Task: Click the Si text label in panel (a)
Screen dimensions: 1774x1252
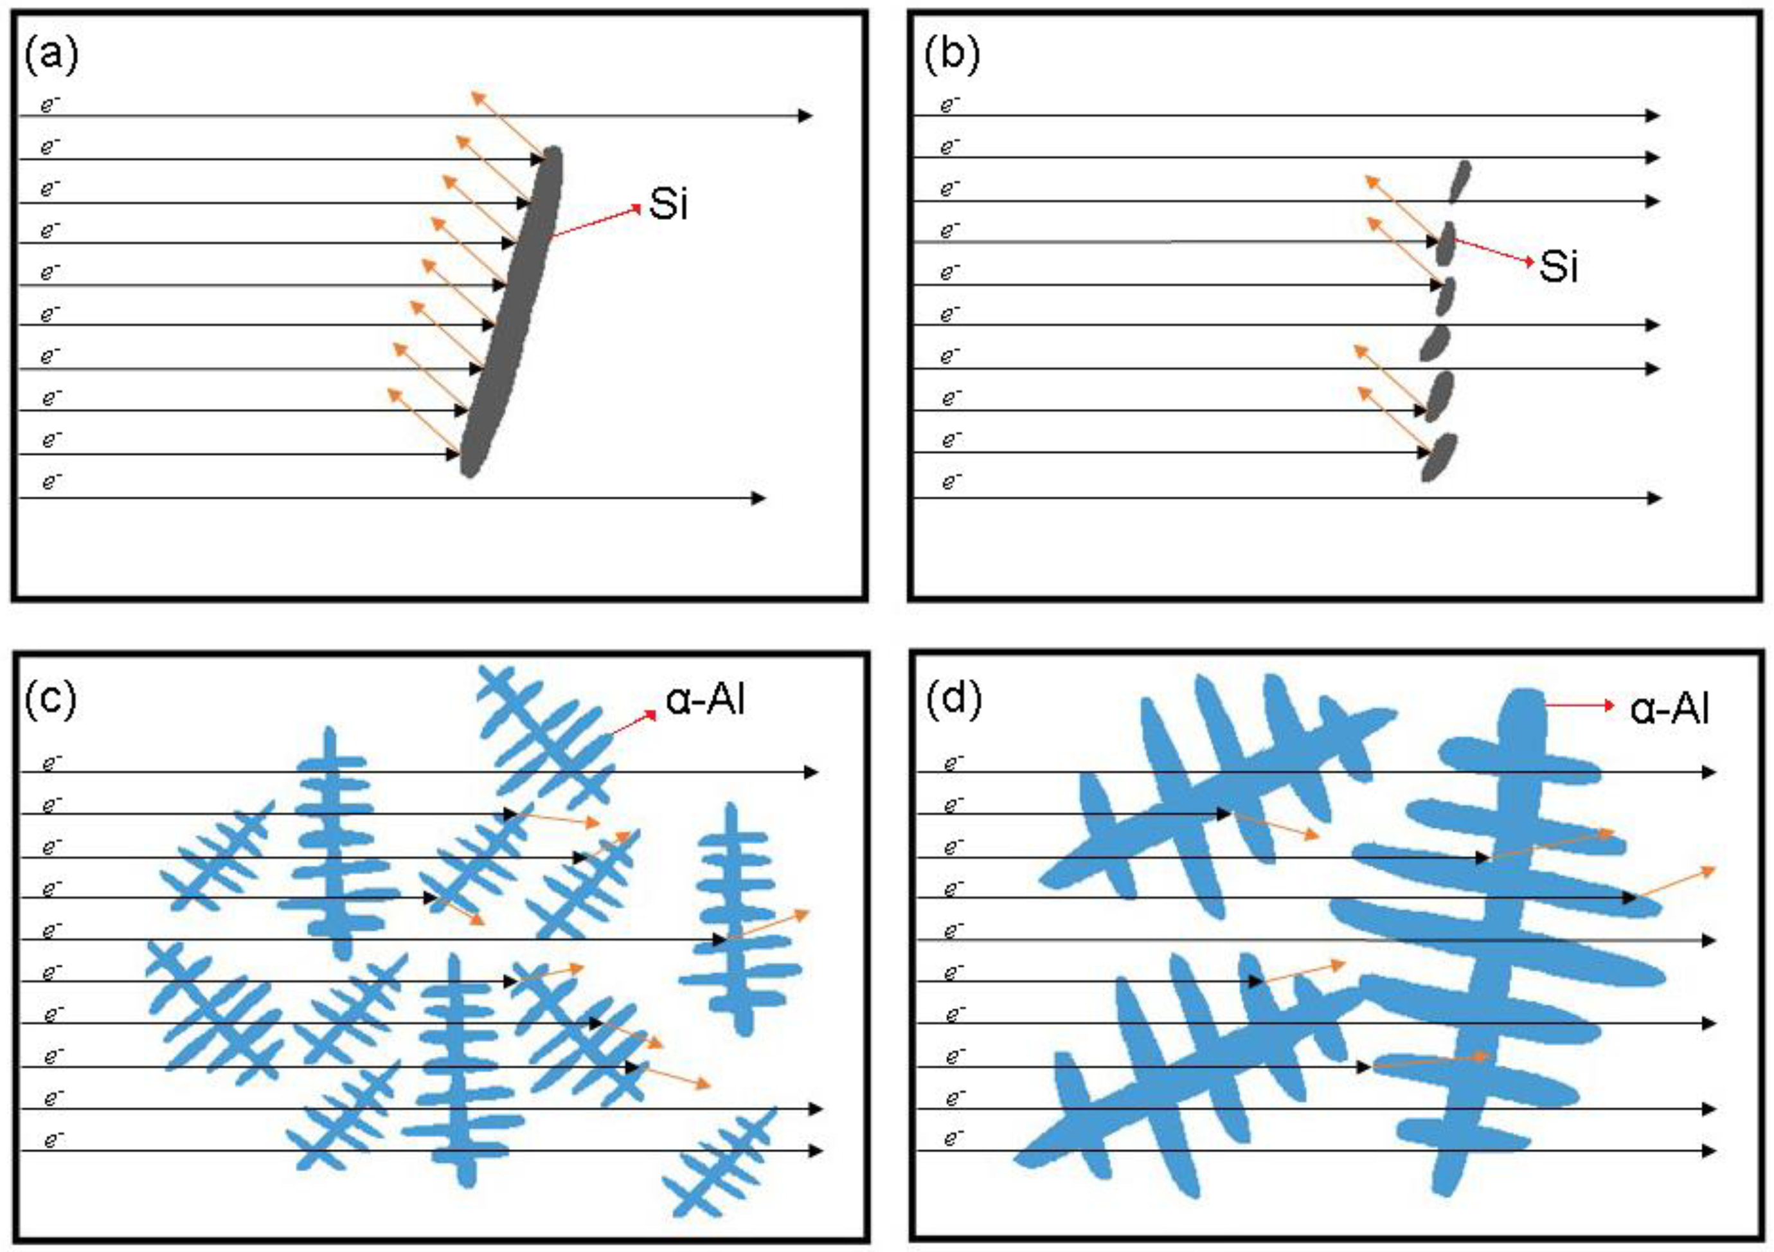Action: [x=668, y=204]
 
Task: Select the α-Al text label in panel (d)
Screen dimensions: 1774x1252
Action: [x=1669, y=708]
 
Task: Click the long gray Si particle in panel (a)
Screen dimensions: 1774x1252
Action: [x=512, y=311]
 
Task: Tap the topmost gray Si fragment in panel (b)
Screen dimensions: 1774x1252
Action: [x=1459, y=181]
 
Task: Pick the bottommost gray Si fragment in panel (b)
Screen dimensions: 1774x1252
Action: [x=1438, y=457]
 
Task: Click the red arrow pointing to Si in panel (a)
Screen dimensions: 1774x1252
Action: [x=596, y=221]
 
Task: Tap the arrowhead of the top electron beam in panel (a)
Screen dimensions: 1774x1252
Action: [x=805, y=116]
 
